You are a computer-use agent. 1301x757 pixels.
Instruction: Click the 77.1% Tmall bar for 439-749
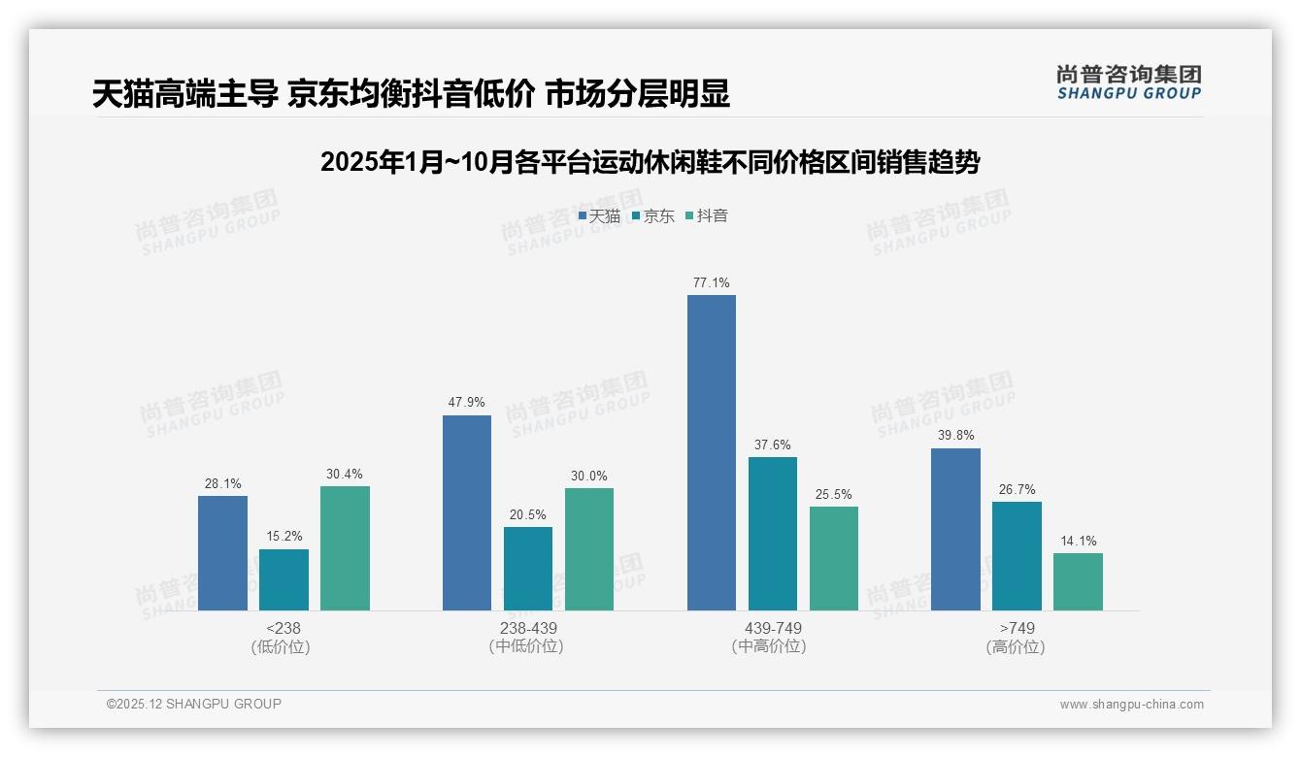click(x=711, y=452)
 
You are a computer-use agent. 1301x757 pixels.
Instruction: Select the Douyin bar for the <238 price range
click(x=345, y=548)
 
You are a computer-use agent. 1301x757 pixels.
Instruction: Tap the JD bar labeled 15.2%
click(x=284, y=579)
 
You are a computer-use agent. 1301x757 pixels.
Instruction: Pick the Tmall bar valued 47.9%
click(x=467, y=512)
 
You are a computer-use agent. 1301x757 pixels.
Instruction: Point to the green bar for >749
click(x=1078, y=581)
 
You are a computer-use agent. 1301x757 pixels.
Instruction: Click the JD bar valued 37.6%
click(x=772, y=534)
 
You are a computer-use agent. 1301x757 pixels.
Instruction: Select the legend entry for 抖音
click(x=707, y=216)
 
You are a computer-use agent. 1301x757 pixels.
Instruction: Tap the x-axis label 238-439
click(x=528, y=628)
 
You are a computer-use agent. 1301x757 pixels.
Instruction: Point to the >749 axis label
click(x=1016, y=628)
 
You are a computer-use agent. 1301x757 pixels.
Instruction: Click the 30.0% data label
click(x=589, y=477)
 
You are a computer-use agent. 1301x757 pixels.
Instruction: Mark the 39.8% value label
click(x=955, y=436)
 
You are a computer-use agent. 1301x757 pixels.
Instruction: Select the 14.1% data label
click(x=1078, y=542)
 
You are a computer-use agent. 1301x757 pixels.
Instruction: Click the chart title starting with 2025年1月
click(x=650, y=162)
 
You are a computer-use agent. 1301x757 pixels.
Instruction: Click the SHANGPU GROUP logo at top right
click(x=1128, y=82)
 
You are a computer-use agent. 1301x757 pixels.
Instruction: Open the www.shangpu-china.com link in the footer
click(x=1131, y=705)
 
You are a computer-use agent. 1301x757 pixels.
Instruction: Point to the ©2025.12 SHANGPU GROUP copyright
click(x=194, y=704)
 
